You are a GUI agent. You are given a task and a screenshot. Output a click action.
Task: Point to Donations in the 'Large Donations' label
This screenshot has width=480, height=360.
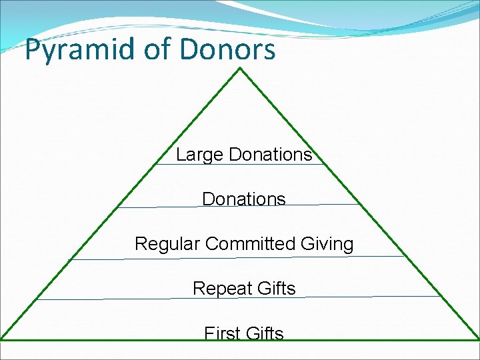click(270, 155)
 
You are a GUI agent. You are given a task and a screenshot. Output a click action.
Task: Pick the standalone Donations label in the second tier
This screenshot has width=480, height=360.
click(244, 199)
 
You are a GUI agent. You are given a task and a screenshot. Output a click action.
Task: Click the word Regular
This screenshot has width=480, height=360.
click(167, 244)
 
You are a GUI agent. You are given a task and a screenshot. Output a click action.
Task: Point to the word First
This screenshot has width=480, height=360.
click(222, 333)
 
